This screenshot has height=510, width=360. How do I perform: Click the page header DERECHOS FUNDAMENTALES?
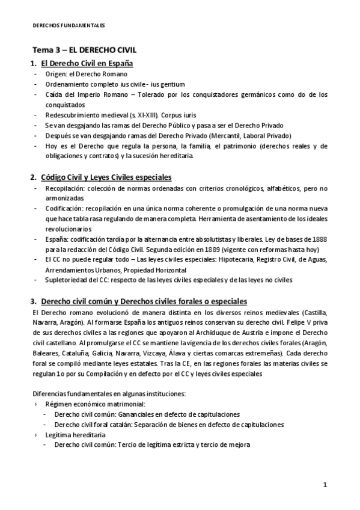[68, 25]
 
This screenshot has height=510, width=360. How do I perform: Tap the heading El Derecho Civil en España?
[86, 63]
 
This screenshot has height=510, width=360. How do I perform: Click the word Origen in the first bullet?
[56, 74]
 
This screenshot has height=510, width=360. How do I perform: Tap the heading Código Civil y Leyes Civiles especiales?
[106, 177]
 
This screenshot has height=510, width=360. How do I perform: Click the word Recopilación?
[66, 188]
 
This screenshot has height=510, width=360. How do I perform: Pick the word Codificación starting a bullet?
[66, 209]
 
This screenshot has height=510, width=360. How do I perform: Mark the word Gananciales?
[134, 414]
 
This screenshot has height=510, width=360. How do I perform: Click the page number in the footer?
[325, 485]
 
